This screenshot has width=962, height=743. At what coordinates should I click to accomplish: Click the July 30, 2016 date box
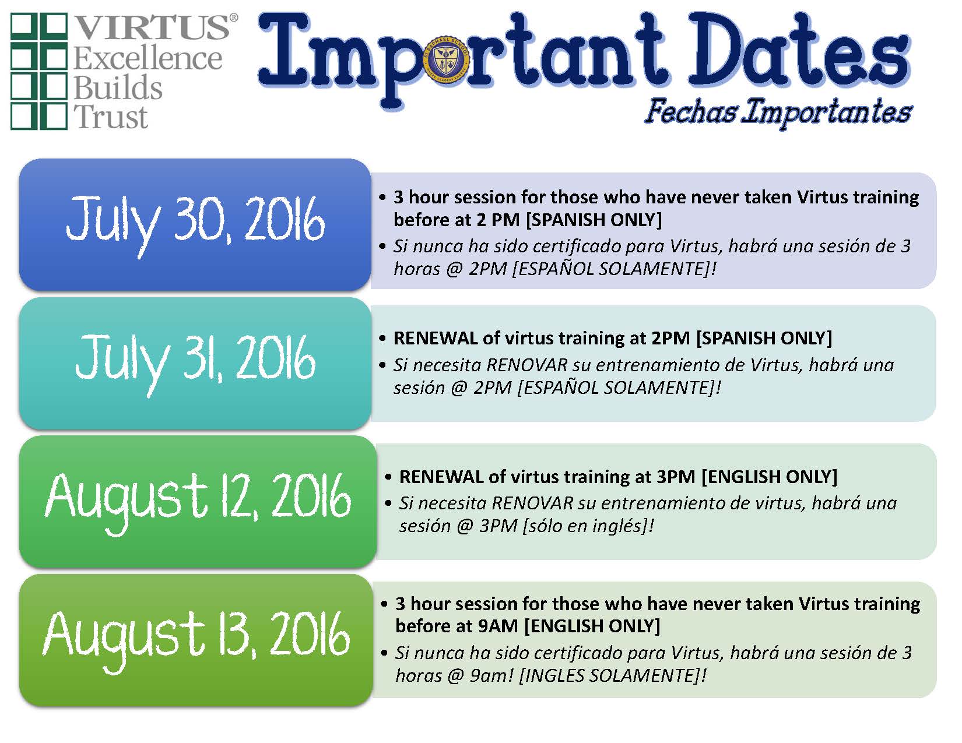click(x=195, y=224)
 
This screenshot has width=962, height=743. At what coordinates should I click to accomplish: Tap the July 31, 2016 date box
click(x=195, y=363)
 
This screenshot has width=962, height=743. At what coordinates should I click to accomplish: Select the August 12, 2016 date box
click(x=198, y=501)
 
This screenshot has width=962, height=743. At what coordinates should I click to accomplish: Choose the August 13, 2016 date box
click(x=196, y=640)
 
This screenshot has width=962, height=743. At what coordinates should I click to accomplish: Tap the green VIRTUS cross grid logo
click(x=39, y=71)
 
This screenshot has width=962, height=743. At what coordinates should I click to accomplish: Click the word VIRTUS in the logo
click(x=153, y=27)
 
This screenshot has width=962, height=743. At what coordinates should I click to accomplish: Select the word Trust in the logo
click(x=110, y=117)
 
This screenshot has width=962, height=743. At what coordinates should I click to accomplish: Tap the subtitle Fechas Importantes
click(x=778, y=111)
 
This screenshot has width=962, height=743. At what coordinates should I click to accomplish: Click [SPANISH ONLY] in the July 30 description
click(x=594, y=220)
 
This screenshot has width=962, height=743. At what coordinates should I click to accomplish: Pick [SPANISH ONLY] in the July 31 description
click(x=764, y=338)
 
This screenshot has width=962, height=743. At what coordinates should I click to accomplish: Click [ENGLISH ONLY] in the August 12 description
click(x=770, y=477)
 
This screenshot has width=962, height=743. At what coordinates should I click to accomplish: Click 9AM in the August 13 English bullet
click(x=497, y=626)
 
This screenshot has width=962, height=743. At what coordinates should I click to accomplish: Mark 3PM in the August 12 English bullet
click(x=676, y=477)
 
